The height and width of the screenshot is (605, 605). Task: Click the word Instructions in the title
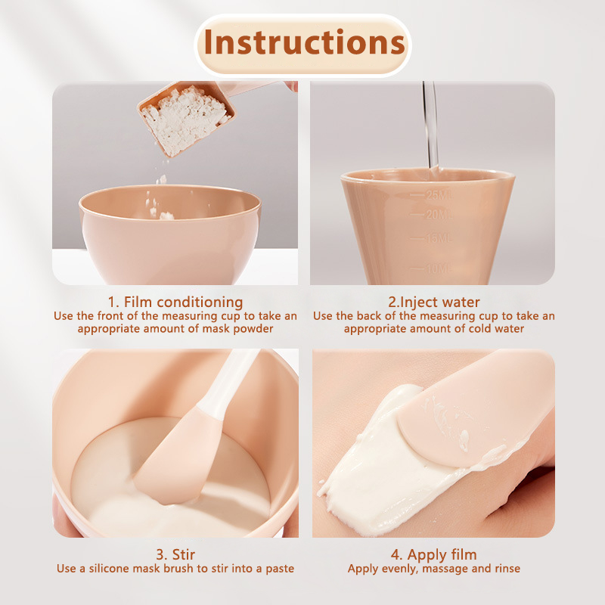pyautogui.click(x=304, y=42)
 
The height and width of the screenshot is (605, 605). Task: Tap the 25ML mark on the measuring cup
pyautogui.click(x=438, y=195)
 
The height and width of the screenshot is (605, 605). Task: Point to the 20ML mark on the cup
pyautogui.click(x=439, y=214)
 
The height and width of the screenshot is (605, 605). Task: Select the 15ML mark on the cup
pyautogui.click(x=439, y=238)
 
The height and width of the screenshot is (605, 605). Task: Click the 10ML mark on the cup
pyautogui.click(x=439, y=268)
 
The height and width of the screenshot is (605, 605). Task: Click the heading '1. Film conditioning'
pyautogui.click(x=175, y=302)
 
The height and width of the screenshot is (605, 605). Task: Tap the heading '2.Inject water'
pyautogui.click(x=434, y=302)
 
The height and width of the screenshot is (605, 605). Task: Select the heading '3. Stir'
pyautogui.click(x=175, y=554)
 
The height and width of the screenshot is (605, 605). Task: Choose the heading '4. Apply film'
pyautogui.click(x=433, y=555)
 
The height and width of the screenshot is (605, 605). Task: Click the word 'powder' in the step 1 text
pyautogui.click(x=253, y=329)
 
